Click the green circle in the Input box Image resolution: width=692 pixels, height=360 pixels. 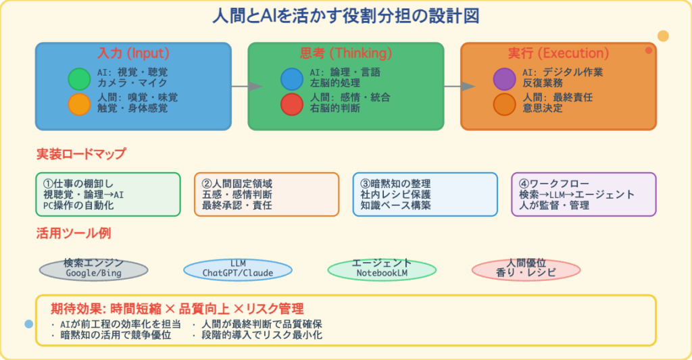[79, 79]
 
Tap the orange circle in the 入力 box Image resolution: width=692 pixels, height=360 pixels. [79, 104]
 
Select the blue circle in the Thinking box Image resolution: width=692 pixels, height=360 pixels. [292, 79]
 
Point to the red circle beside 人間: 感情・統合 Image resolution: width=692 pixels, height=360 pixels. [292, 104]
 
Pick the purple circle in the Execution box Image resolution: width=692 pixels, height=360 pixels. [504, 79]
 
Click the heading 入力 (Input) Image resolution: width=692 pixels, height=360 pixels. [133, 53]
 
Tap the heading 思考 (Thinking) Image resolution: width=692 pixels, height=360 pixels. [345, 53]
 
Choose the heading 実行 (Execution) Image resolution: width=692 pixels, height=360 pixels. [558, 53]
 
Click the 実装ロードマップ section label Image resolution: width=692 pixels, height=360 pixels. [80, 154]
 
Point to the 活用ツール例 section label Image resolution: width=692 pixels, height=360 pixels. [74, 234]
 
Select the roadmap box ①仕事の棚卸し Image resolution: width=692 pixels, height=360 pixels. [107, 195]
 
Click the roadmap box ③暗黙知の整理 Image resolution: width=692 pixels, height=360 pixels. [425, 195]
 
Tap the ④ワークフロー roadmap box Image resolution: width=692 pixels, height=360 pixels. [584, 195]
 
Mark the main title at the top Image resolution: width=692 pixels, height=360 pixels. [346, 16]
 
